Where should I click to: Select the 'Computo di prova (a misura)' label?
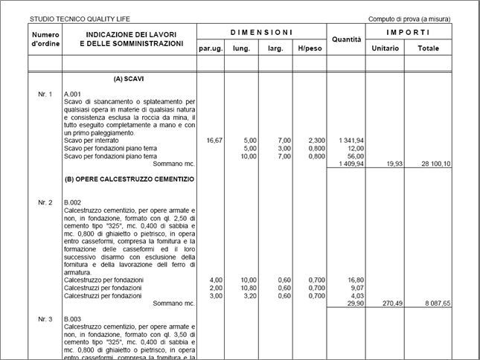409,19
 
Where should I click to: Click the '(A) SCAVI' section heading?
129,78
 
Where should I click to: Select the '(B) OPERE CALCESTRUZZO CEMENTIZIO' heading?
129,179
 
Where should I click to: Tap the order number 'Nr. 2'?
45,202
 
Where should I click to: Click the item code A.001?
73,94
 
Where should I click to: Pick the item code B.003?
73,318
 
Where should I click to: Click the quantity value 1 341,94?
350,140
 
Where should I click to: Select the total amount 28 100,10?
435,164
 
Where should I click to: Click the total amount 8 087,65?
437,303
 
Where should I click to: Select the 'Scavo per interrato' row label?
92,140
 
